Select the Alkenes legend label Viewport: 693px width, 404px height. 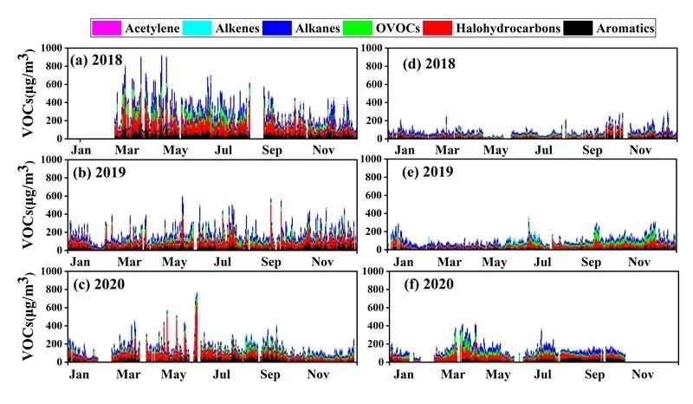click(x=227, y=29)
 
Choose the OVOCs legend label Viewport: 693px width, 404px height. click(x=398, y=29)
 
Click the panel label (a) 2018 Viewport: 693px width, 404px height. click(x=98, y=61)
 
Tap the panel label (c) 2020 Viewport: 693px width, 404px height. click(x=98, y=283)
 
